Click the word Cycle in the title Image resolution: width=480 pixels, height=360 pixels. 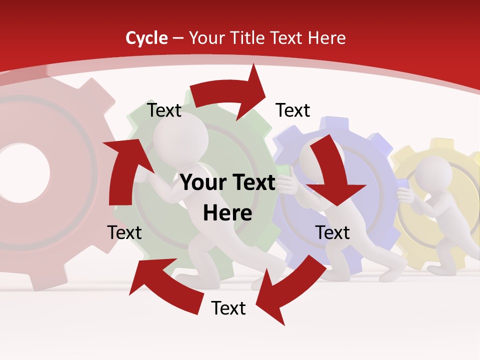click(x=146, y=38)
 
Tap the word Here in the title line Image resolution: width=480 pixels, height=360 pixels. click(x=327, y=38)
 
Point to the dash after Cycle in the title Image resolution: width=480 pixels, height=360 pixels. click(x=178, y=38)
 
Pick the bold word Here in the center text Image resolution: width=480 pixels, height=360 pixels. click(x=227, y=213)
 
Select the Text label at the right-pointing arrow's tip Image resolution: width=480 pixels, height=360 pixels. click(x=293, y=110)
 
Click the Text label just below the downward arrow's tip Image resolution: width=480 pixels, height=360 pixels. click(x=332, y=232)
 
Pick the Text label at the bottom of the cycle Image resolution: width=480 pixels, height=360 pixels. click(x=228, y=308)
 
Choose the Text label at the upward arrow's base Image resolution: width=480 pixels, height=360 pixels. click(x=124, y=232)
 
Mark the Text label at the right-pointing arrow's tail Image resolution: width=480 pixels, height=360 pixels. click(x=164, y=110)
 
